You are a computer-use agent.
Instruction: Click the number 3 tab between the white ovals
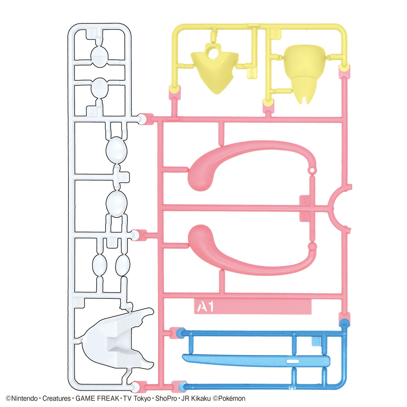point(123,177)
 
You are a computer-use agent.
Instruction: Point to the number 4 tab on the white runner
point(112,243)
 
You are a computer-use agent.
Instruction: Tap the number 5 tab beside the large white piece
point(79,303)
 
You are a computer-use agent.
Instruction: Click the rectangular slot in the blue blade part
point(293,361)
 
